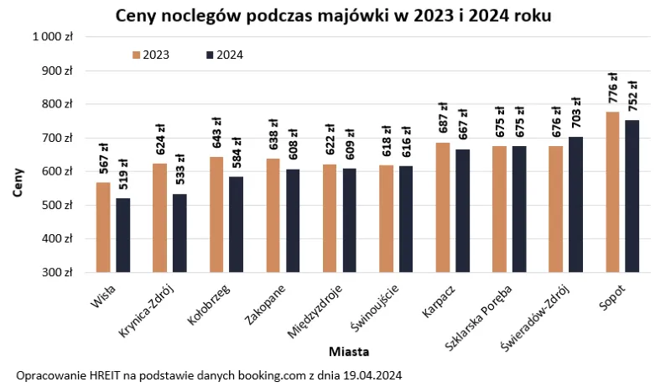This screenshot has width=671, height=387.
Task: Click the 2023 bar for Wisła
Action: [x=103, y=227]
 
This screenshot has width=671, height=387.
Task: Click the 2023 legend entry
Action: [x=151, y=55]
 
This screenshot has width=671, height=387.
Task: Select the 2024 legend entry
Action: [x=224, y=55]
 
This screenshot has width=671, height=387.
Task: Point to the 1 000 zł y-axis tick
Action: [x=54, y=37]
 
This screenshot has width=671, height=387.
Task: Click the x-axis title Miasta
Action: [x=349, y=351]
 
